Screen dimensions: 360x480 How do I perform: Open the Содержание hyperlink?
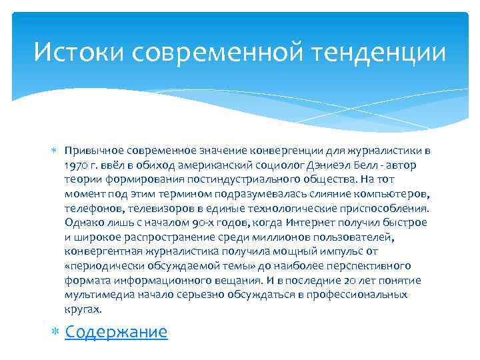pyautogui.click(x=116, y=331)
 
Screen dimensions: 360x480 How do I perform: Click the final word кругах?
pyautogui.click(x=83, y=309)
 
